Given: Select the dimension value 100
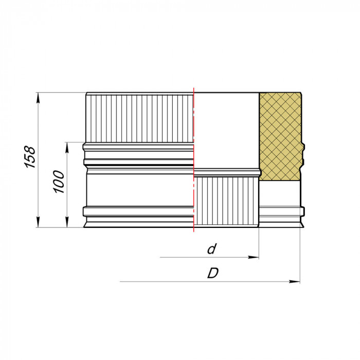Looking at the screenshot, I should coord(60,182).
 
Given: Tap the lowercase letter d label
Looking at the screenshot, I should coord(210,249).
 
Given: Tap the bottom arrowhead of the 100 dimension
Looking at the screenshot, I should coord(67,224).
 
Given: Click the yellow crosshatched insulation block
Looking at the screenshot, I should coord(280,136).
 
